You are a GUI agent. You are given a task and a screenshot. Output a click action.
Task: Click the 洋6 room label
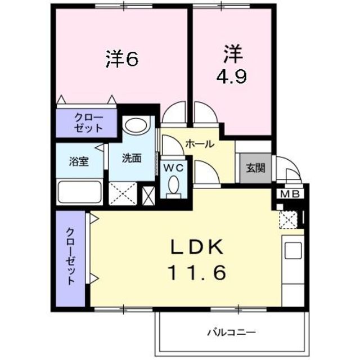pos(121,60)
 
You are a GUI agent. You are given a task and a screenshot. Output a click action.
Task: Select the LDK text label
pos(196,247)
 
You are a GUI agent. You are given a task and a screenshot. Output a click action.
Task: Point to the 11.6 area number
pos(196,273)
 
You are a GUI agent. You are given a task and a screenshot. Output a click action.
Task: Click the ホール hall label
pos(200,144)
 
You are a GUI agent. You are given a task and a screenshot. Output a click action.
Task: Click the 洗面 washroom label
pos(132,158)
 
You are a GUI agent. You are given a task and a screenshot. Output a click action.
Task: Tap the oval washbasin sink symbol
pos(134,125)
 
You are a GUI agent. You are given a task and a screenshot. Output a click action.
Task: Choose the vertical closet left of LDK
pos(70,258)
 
